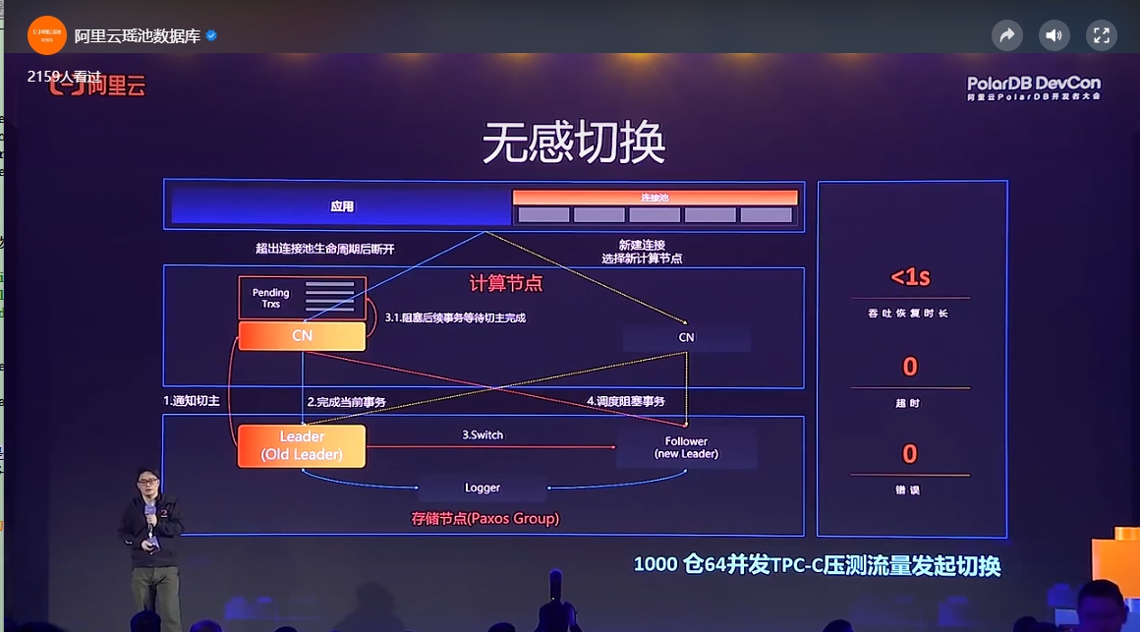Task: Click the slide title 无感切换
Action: tap(573, 144)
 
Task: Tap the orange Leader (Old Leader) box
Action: tap(302, 445)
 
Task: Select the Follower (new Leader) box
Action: tap(686, 447)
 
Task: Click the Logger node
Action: tap(482, 488)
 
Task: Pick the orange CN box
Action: tap(302, 336)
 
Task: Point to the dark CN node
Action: tap(686, 337)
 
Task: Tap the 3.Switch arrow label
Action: tap(483, 434)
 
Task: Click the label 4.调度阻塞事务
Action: tap(626, 401)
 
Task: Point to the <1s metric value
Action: tap(910, 277)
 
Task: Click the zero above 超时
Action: tap(910, 367)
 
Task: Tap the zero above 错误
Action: tap(910, 453)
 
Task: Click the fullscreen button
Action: tap(1101, 36)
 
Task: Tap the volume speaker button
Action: tap(1054, 36)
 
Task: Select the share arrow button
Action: tap(1007, 36)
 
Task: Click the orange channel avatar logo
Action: tap(46, 35)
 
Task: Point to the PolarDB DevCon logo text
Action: tap(1033, 86)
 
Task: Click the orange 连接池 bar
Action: tap(655, 198)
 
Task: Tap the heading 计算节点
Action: tap(505, 283)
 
